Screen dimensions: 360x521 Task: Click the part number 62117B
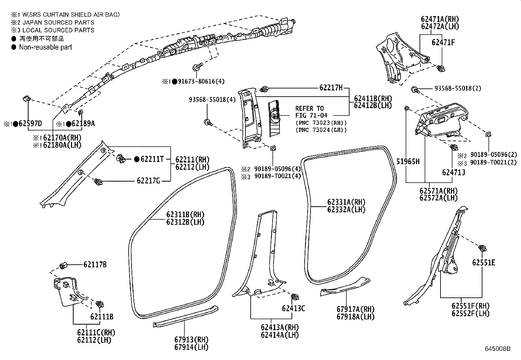click(x=95, y=264)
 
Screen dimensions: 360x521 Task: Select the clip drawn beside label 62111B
click(x=99, y=304)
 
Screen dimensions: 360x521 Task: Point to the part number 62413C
click(x=294, y=308)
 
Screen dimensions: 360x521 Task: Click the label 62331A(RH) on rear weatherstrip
click(x=346, y=202)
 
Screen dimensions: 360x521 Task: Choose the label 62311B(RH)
click(x=185, y=215)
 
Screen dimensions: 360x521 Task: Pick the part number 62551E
click(x=483, y=262)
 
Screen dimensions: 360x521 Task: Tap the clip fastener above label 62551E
click(x=481, y=248)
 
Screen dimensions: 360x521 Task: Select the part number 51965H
click(x=408, y=161)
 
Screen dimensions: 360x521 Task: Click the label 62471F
click(x=443, y=42)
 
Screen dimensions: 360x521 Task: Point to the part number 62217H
click(x=331, y=87)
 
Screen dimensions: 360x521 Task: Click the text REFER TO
click(x=309, y=108)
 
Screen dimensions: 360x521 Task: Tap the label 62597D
click(x=30, y=123)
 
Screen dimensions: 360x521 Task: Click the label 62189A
click(x=83, y=123)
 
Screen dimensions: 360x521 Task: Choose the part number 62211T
click(x=152, y=159)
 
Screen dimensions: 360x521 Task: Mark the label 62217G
click(x=148, y=180)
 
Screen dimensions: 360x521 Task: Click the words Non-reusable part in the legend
click(x=45, y=47)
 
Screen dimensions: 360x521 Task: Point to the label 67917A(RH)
click(x=355, y=309)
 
